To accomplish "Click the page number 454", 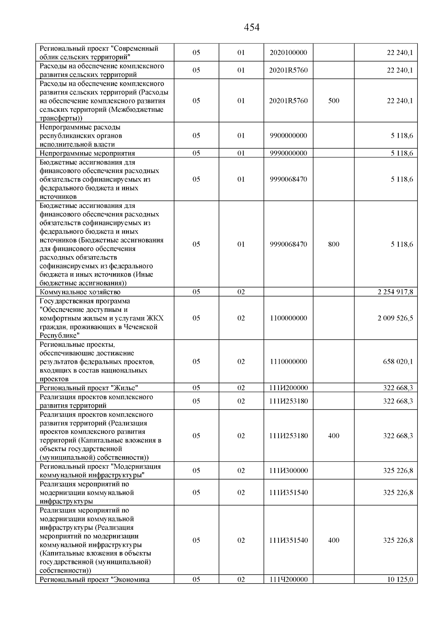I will coord(252,27).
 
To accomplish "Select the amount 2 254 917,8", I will coord(395,292).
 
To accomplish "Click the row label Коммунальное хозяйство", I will coord(80,292).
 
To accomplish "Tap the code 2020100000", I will coord(289,53).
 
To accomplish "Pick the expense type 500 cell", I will coord(333,101).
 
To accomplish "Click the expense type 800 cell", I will coord(333,244).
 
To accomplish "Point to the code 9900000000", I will coord(289,136).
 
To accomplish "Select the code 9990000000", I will coord(289,153).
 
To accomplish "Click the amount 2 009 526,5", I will coord(395,318).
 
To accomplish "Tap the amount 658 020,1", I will coord(398,362).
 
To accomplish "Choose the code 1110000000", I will coord(289,362).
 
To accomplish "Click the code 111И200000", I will coord(289,388).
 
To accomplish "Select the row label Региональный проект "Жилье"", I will coord(89,388).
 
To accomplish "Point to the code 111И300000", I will coord(289,471).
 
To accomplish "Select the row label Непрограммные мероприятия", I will coord(87,153).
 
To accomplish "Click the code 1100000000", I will coord(289,318).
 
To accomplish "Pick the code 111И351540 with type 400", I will coord(289,541).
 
